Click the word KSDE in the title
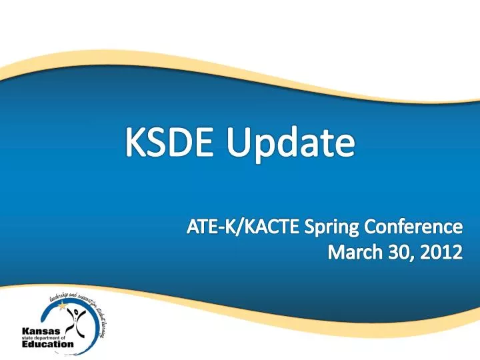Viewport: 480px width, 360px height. (173, 143)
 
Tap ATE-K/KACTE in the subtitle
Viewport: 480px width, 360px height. (241, 228)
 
